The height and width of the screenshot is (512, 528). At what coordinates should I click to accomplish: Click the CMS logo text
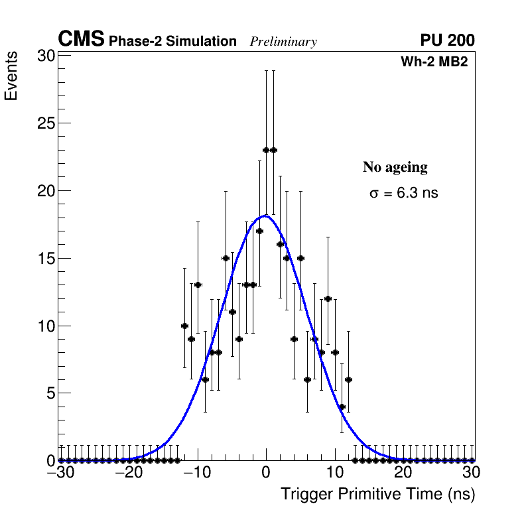click(81, 40)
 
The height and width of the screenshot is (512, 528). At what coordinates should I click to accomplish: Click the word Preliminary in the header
click(283, 42)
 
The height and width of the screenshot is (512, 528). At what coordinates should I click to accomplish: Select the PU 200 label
click(447, 40)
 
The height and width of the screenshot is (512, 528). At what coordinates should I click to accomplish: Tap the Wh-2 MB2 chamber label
click(435, 62)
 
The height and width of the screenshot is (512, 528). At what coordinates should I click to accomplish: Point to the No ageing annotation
click(395, 167)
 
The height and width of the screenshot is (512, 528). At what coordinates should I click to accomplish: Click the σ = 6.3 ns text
click(403, 194)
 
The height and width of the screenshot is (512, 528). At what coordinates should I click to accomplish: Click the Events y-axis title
click(11, 77)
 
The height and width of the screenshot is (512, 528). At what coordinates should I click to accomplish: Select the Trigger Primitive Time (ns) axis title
click(377, 494)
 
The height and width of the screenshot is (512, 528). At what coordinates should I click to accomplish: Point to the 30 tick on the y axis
click(45, 56)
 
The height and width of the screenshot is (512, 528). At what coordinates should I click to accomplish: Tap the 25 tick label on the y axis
click(45, 123)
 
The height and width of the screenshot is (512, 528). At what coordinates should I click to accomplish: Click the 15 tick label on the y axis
click(45, 258)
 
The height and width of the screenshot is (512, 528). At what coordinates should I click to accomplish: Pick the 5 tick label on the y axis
click(49, 393)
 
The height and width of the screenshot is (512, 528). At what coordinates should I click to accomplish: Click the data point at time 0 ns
click(266, 150)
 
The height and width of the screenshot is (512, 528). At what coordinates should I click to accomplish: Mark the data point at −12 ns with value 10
click(184, 326)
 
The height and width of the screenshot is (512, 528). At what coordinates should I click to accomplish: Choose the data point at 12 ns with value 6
click(348, 379)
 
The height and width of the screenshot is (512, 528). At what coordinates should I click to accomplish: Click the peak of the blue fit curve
click(265, 216)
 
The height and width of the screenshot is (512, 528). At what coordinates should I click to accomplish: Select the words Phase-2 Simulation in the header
click(172, 42)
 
